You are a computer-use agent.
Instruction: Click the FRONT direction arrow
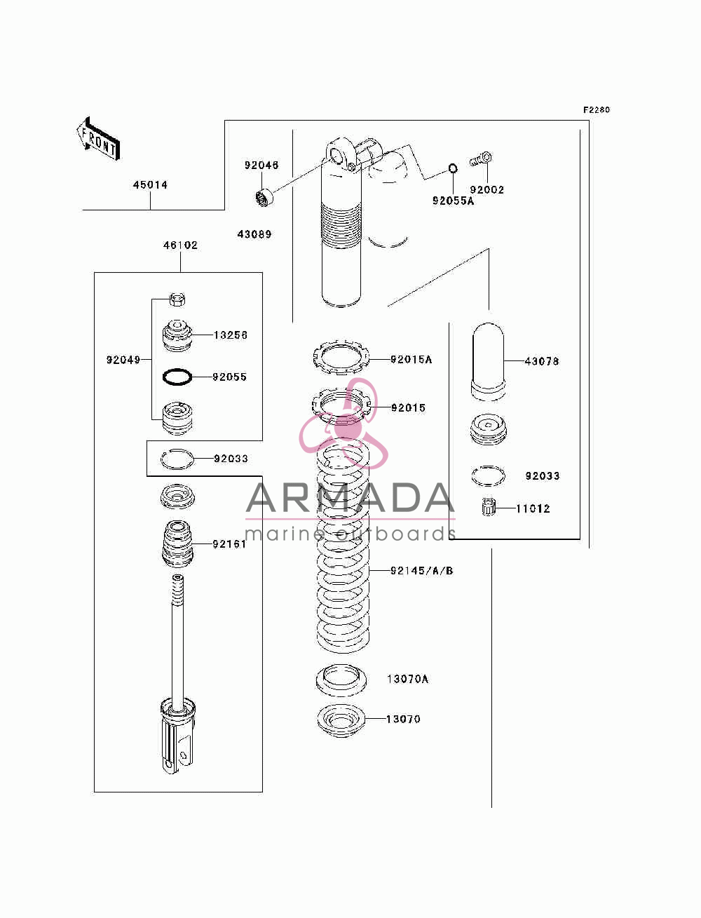coord(98,138)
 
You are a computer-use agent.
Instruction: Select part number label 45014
coord(150,185)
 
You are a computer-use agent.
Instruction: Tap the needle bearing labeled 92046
coord(264,197)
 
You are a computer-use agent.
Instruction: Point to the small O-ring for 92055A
coord(453,168)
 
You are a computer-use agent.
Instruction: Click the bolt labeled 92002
coord(481,159)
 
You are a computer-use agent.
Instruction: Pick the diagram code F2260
coord(597,110)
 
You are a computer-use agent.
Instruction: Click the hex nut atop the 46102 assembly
coord(177,300)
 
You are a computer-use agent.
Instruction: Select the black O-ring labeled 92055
coord(177,377)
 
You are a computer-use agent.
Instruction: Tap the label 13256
coord(231,335)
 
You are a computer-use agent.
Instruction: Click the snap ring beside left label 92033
coord(177,459)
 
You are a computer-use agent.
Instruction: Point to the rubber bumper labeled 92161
coord(177,544)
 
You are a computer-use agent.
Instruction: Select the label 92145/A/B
coord(422,570)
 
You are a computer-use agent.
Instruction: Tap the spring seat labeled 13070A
coord(341,680)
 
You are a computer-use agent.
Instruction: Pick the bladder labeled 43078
coord(488,361)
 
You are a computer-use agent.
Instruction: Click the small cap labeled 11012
coord(488,507)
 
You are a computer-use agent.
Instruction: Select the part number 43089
coord(254,234)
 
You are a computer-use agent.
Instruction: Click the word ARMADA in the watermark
coord(350,498)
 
